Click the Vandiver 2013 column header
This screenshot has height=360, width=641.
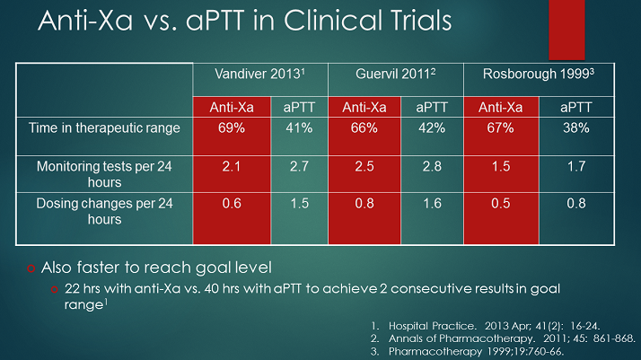tap(261, 75)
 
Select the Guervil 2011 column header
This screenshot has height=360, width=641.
tap(395, 75)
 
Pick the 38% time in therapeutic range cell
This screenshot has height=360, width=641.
tap(575, 128)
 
